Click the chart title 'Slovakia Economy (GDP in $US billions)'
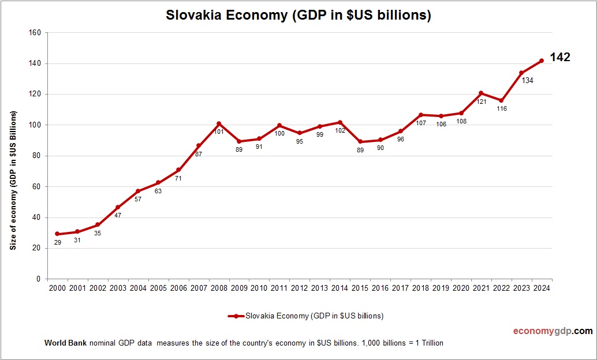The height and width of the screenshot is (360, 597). (298, 16)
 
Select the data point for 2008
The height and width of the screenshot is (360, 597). (219, 123)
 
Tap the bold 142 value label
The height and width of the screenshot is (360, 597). (559, 57)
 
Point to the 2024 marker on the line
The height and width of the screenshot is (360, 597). (542, 61)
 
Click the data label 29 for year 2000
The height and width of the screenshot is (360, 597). (58, 242)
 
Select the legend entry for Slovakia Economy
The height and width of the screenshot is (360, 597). (305, 316)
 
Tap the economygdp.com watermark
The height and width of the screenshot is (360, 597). (553, 331)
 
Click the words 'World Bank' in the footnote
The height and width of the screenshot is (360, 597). (65, 343)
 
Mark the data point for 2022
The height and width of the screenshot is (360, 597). (501, 100)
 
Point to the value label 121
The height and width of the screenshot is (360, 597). (482, 102)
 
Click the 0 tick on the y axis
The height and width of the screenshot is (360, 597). (38, 279)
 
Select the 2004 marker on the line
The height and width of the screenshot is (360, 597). (138, 191)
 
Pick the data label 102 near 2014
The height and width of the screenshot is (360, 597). (341, 130)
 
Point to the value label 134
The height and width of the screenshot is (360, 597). (527, 80)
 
